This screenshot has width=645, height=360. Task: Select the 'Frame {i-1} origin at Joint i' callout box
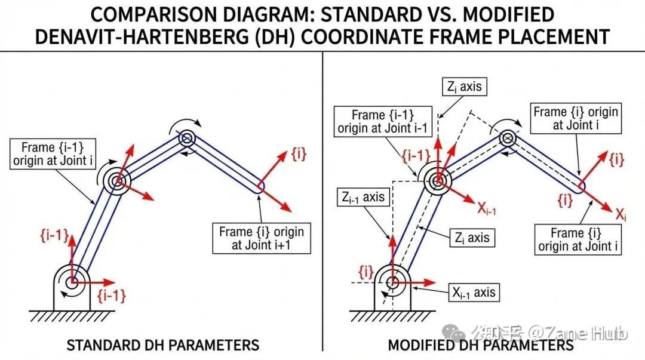point(53,154)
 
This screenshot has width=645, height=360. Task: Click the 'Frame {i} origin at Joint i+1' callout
point(261,238)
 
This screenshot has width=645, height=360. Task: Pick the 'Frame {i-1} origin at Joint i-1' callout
point(383,121)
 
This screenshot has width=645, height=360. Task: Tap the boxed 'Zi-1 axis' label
point(363,198)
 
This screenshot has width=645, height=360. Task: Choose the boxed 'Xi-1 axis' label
point(474,292)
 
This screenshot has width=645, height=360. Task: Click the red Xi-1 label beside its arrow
point(487,209)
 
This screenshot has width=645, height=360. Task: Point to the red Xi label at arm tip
point(621,214)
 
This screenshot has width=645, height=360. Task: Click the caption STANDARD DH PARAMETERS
point(163,345)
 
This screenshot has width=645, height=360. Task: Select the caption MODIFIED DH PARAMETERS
point(480,345)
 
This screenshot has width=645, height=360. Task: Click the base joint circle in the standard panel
point(72,282)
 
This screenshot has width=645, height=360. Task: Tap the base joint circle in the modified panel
point(393,282)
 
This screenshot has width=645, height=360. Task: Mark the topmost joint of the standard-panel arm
point(187,139)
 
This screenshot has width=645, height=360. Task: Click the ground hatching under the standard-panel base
point(72,316)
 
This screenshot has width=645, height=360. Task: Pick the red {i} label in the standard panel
point(299,154)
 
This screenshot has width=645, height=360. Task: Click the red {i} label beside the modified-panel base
point(365,272)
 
